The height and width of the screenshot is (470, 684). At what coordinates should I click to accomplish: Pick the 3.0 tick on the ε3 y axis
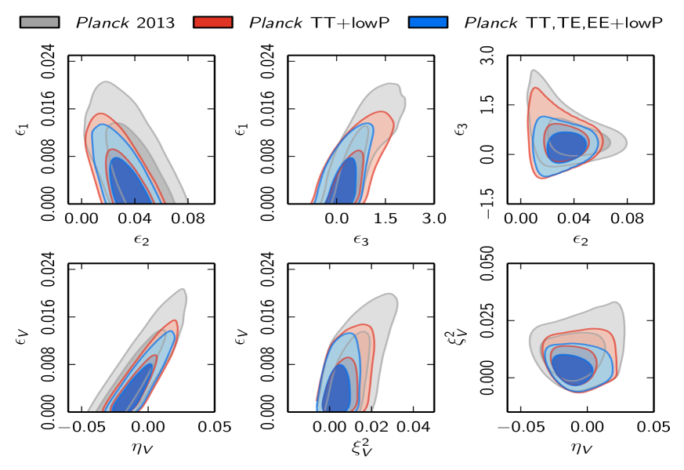pyautogui.click(x=487, y=56)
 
